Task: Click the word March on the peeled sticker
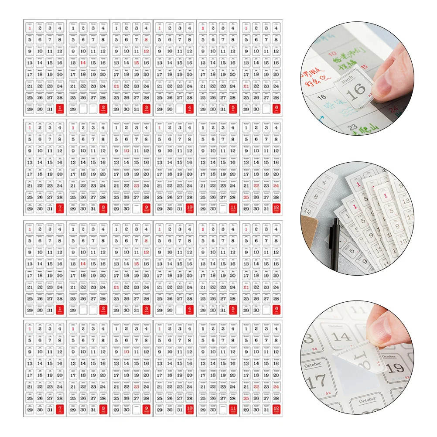click(348, 82)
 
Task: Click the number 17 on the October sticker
click(314, 382)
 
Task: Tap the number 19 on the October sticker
click(395, 368)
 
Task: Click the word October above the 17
click(312, 365)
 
